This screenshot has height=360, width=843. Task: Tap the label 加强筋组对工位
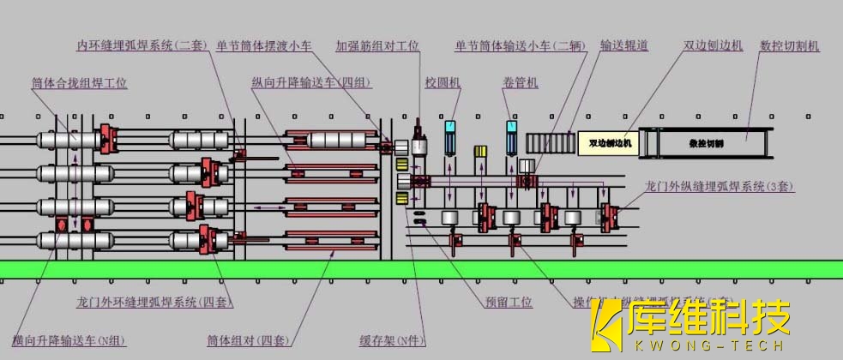[x=377, y=46]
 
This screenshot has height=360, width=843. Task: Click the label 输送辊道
[x=620, y=46]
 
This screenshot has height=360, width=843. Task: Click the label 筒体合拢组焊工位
[x=79, y=84]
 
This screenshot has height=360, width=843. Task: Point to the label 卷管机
[x=521, y=84]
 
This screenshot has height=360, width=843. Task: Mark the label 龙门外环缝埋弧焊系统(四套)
[x=155, y=303]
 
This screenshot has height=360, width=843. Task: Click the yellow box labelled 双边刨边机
[x=608, y=143]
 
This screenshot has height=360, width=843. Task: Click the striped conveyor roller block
[x=550, y=143]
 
